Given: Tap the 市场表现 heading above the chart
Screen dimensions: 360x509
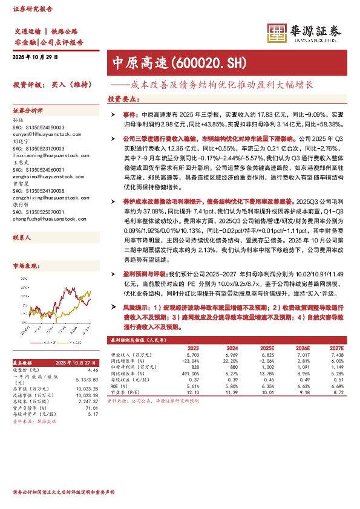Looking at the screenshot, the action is (26, 265).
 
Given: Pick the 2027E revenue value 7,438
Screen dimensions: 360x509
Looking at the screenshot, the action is (337, 355).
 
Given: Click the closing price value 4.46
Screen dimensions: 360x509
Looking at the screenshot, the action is (93, 369).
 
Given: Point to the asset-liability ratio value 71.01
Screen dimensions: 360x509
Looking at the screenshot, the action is (91, 409).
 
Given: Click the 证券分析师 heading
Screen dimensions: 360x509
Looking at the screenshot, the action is (28, 111).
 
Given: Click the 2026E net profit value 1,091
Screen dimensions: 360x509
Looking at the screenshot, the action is (301, 367).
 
